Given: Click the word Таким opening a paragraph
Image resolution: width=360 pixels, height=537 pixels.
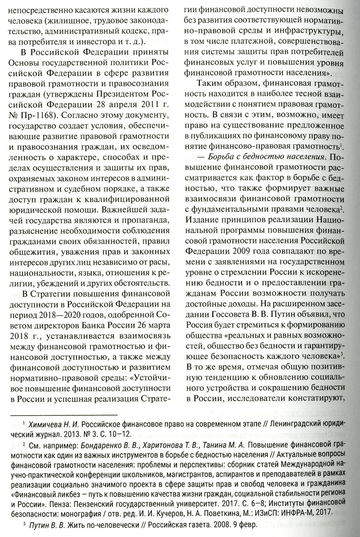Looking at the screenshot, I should pos(212,84).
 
